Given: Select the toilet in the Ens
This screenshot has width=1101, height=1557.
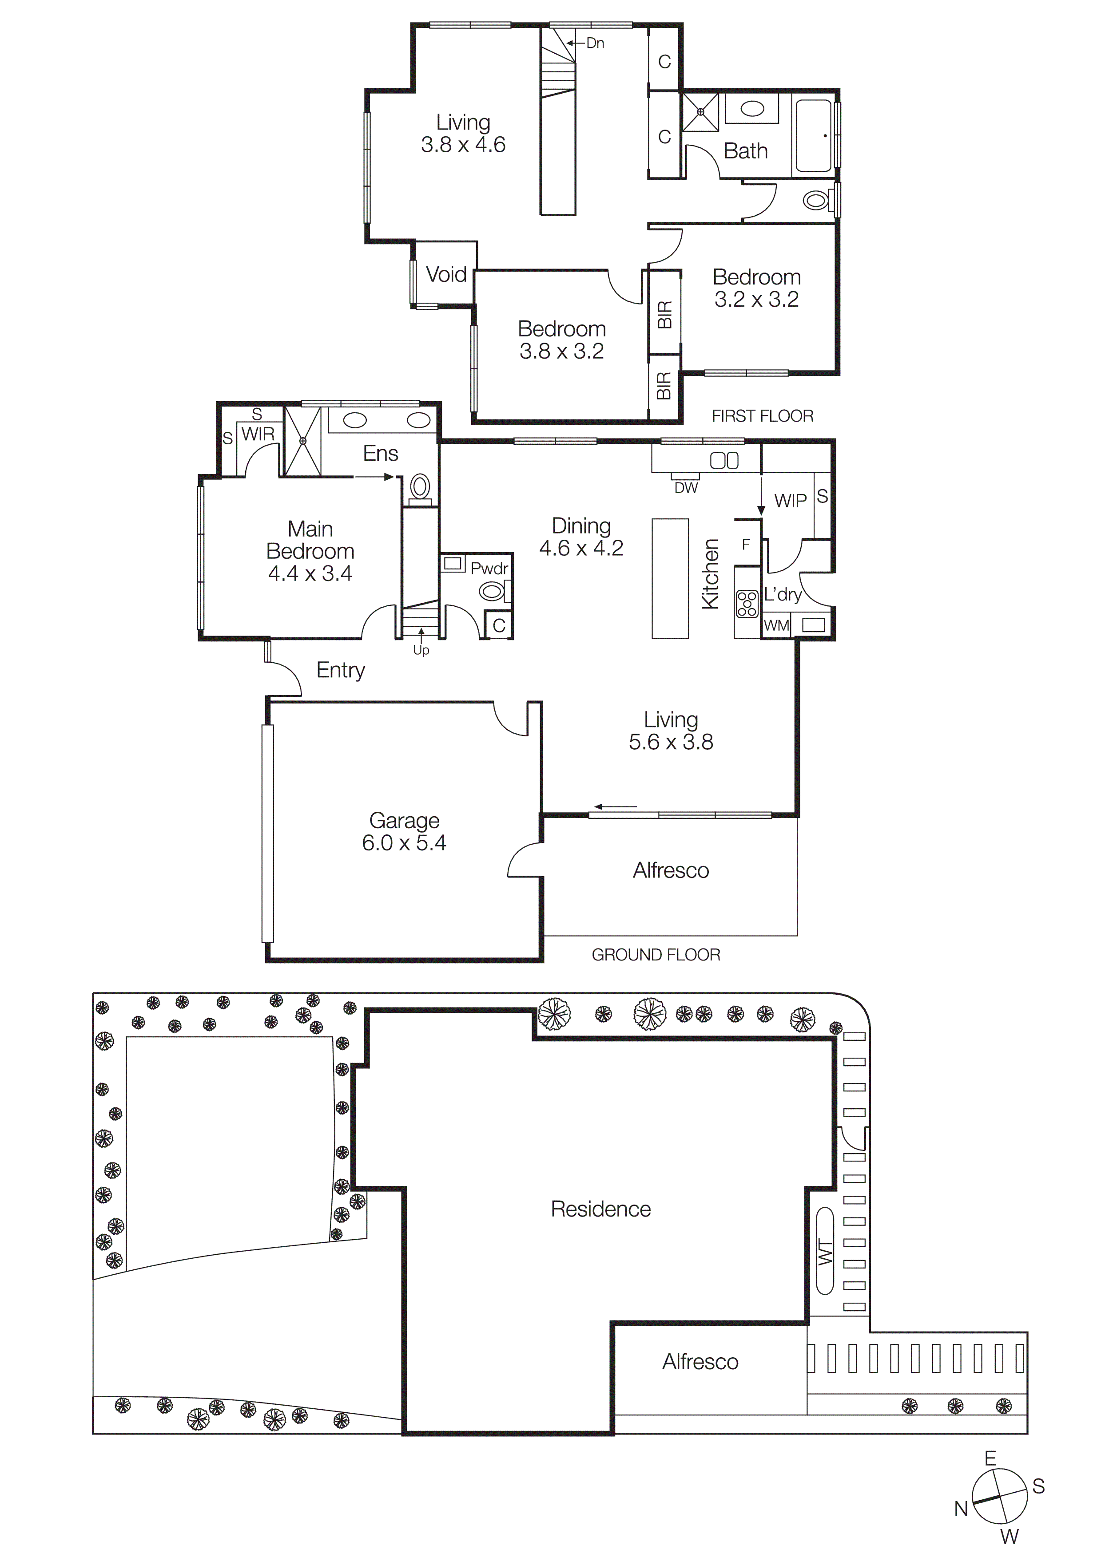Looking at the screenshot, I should (x=420, y=487).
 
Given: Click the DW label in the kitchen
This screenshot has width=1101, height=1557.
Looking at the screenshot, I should (x=686, y=488).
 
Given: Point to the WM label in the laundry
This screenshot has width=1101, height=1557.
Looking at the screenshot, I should (x=776, y=625).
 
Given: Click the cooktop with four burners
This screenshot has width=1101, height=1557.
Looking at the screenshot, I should (x=747, y=603).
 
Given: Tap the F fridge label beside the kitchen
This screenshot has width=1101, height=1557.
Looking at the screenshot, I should (x=746, y=544).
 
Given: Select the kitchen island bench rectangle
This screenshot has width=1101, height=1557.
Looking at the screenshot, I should (x=670, y=578).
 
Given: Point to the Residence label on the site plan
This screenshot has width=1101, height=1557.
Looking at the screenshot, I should (x=600, y=1209).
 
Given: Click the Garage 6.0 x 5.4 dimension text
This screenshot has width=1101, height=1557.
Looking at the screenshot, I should (x=404, y=843).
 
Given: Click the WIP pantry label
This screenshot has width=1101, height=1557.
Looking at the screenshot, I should (x=790, y=501).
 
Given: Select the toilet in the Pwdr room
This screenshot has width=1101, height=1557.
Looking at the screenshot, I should (x=492, y=591).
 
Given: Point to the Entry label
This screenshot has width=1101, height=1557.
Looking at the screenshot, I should (x=341, y=670).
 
